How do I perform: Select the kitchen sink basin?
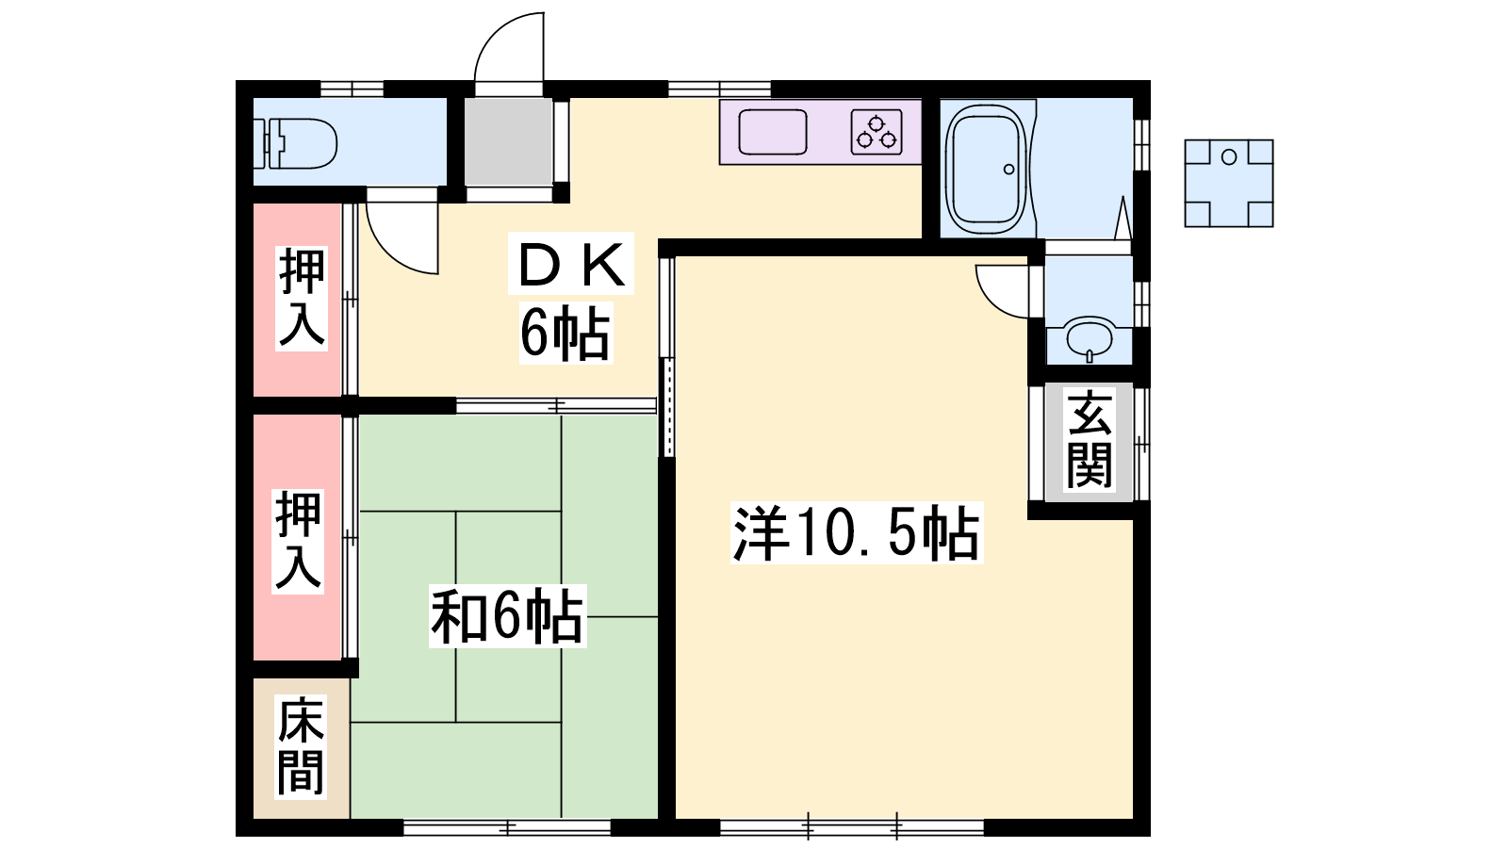point(773,132)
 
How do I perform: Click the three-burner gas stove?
point(877,132)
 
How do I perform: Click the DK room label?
point(571,266)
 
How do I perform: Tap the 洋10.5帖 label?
point(857,532)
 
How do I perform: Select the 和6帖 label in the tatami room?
point(507,616)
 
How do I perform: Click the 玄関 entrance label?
point(1090,442)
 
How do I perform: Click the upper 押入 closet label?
point(302,298)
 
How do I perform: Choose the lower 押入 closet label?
point(298,542)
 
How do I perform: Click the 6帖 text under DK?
point(565,334)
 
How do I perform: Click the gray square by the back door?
point(508,141)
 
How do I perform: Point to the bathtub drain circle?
point(1008,169)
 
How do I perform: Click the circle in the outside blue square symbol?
point(1229,156)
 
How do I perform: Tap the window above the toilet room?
point(352,89)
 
